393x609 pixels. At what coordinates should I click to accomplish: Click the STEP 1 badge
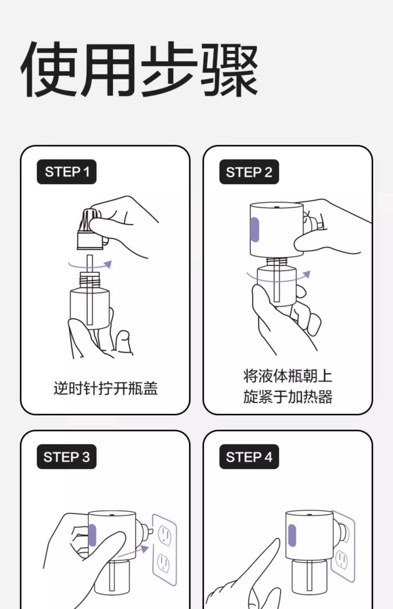click(x=67, y=172)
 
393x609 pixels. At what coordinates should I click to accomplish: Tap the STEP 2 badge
click(x=249, y=172)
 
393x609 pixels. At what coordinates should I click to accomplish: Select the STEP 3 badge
click(x=67, y=457)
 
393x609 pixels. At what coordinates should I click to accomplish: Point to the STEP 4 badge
click(x=249, y=457)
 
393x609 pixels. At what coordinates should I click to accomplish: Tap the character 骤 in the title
click(x=230, y=69)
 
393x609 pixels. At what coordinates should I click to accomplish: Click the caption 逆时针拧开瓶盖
click(x=106, y=388)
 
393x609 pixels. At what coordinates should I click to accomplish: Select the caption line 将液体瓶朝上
click(x=288, y=376)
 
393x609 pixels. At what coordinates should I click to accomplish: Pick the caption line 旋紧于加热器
click(x=288, y=397)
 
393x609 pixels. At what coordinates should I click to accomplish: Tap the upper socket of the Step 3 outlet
click(x=165, y=534)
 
